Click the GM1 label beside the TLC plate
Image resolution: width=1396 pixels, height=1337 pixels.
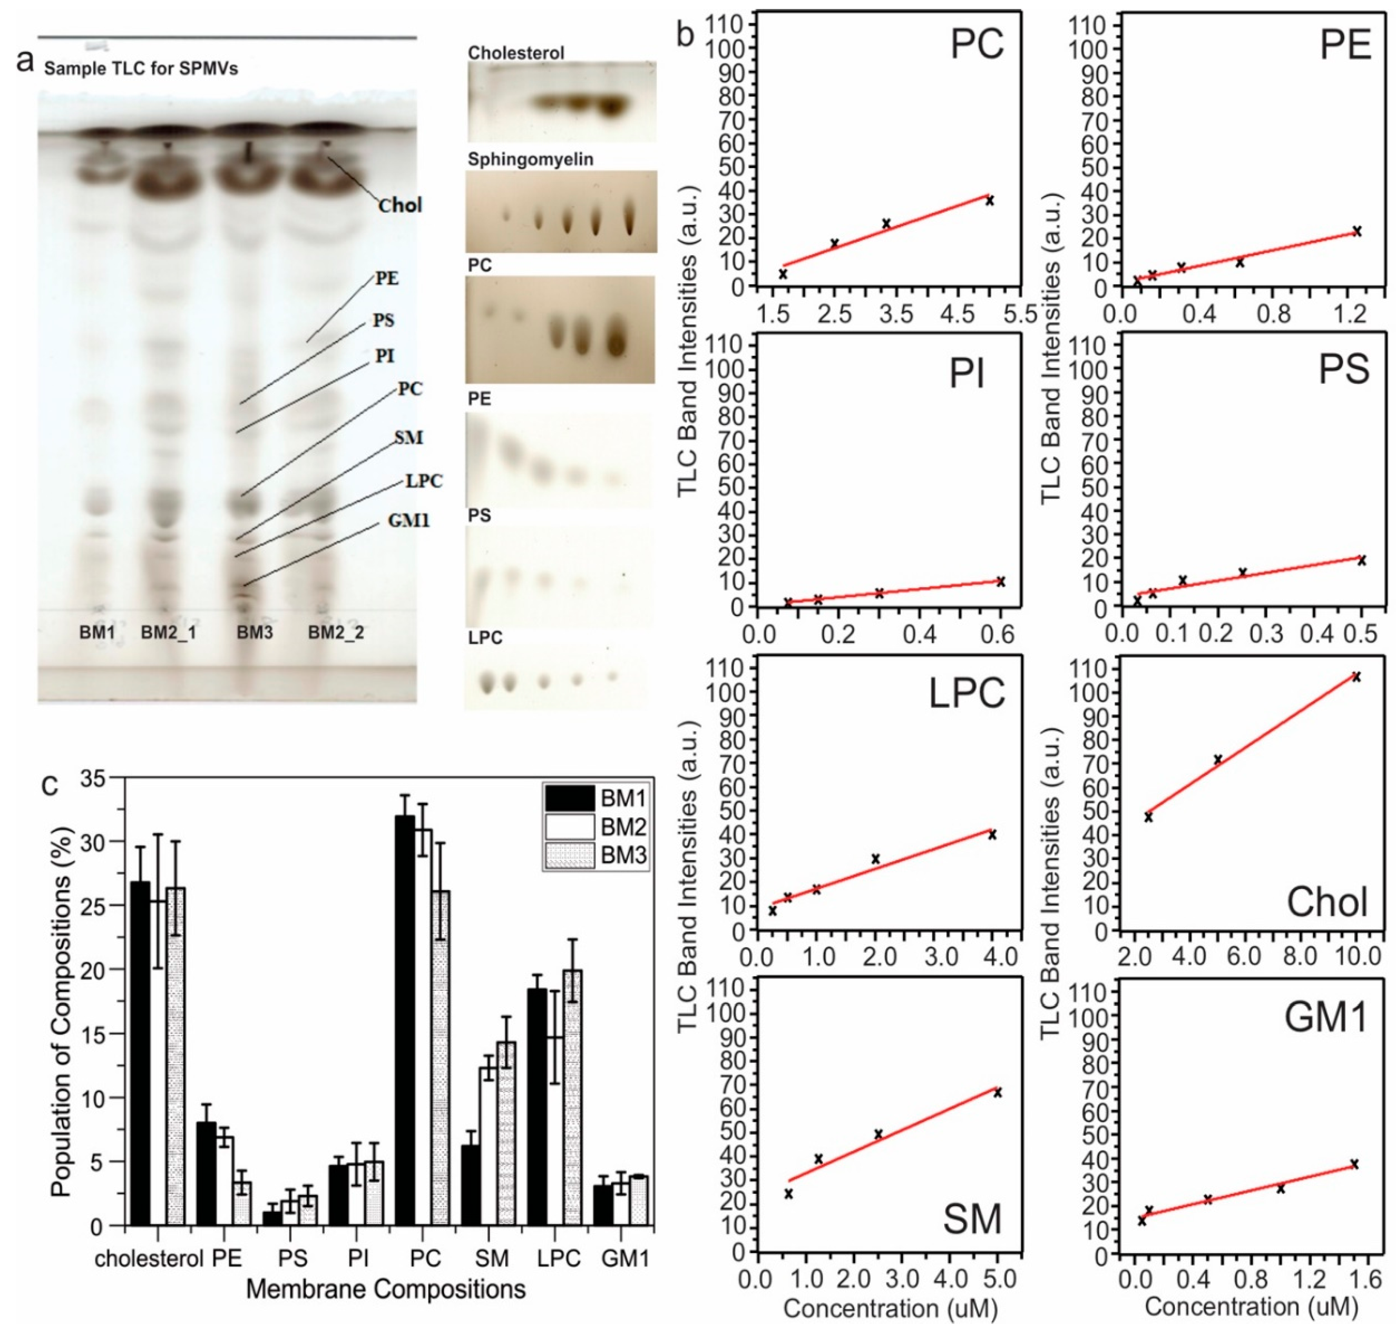[409, 521]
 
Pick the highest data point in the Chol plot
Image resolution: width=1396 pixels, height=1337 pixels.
[1356, 677]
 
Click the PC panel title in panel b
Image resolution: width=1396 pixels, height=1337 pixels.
[977, 44]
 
